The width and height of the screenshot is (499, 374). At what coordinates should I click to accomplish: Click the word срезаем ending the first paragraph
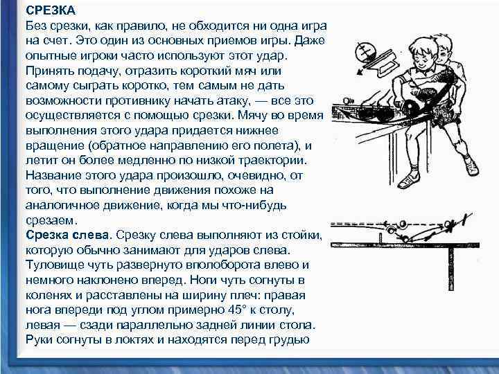[51, 220]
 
